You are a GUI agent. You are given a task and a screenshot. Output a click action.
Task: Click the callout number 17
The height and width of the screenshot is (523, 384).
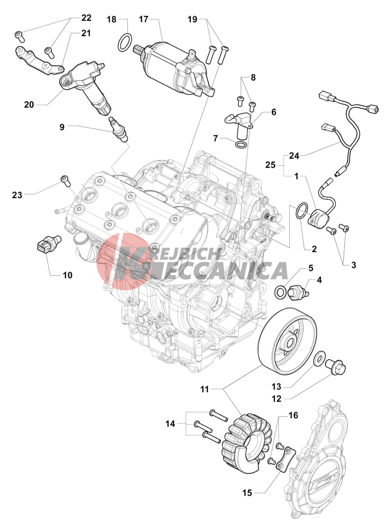tap(144, 20)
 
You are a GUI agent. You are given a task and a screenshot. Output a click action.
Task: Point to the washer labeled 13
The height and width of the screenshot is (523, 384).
tap(318, 359)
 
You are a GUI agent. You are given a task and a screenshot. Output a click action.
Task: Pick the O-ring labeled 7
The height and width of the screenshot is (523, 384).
tap(240, 145)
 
